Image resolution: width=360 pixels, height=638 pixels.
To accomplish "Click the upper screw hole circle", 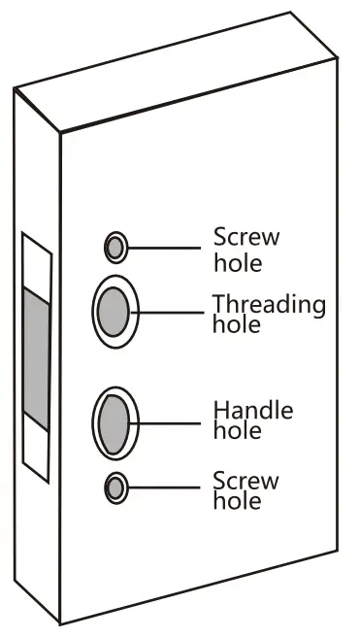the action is tap(115, 248).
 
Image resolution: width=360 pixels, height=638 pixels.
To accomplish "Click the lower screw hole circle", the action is tap(116, 487).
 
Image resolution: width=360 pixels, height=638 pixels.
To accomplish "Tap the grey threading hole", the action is tap(115, 310).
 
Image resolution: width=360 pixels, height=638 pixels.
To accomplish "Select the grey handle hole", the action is tap(115, 421).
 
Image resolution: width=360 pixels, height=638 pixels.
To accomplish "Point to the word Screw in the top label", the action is tap(246, 237).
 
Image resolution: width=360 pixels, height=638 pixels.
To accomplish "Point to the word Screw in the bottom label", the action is tap(245, 480).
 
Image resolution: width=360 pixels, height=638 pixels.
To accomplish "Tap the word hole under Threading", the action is tap(236, 324).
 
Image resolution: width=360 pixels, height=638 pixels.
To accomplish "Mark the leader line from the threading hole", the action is tap(175, 311).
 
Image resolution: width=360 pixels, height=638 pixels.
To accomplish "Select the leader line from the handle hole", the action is tap(175, 421).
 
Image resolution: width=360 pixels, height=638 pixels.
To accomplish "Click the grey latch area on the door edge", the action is tap(35, 359).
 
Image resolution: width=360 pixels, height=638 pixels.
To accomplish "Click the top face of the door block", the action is tap(175, 73).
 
